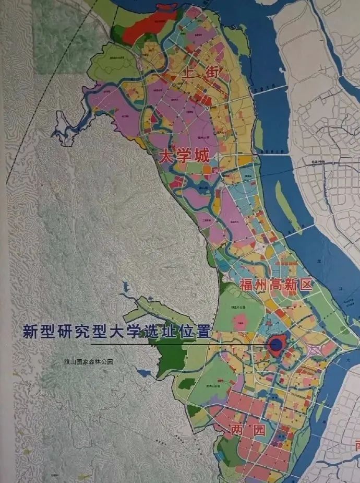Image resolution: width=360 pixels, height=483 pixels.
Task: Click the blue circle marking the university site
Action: click(x=275, y=344)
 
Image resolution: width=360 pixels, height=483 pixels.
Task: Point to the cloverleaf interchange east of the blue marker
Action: click(x=317, y=351)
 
